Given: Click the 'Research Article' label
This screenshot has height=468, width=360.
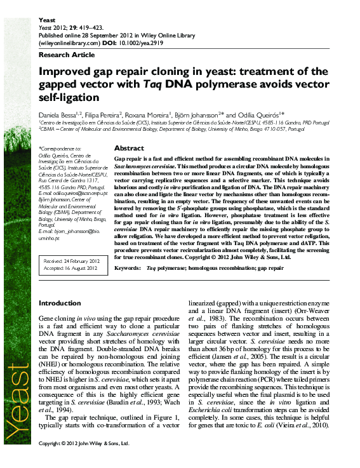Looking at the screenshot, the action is tap(63, 55).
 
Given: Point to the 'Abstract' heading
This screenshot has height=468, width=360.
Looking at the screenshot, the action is tap(129, 148).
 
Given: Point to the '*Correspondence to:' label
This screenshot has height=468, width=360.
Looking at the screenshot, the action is tap(61, 148).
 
